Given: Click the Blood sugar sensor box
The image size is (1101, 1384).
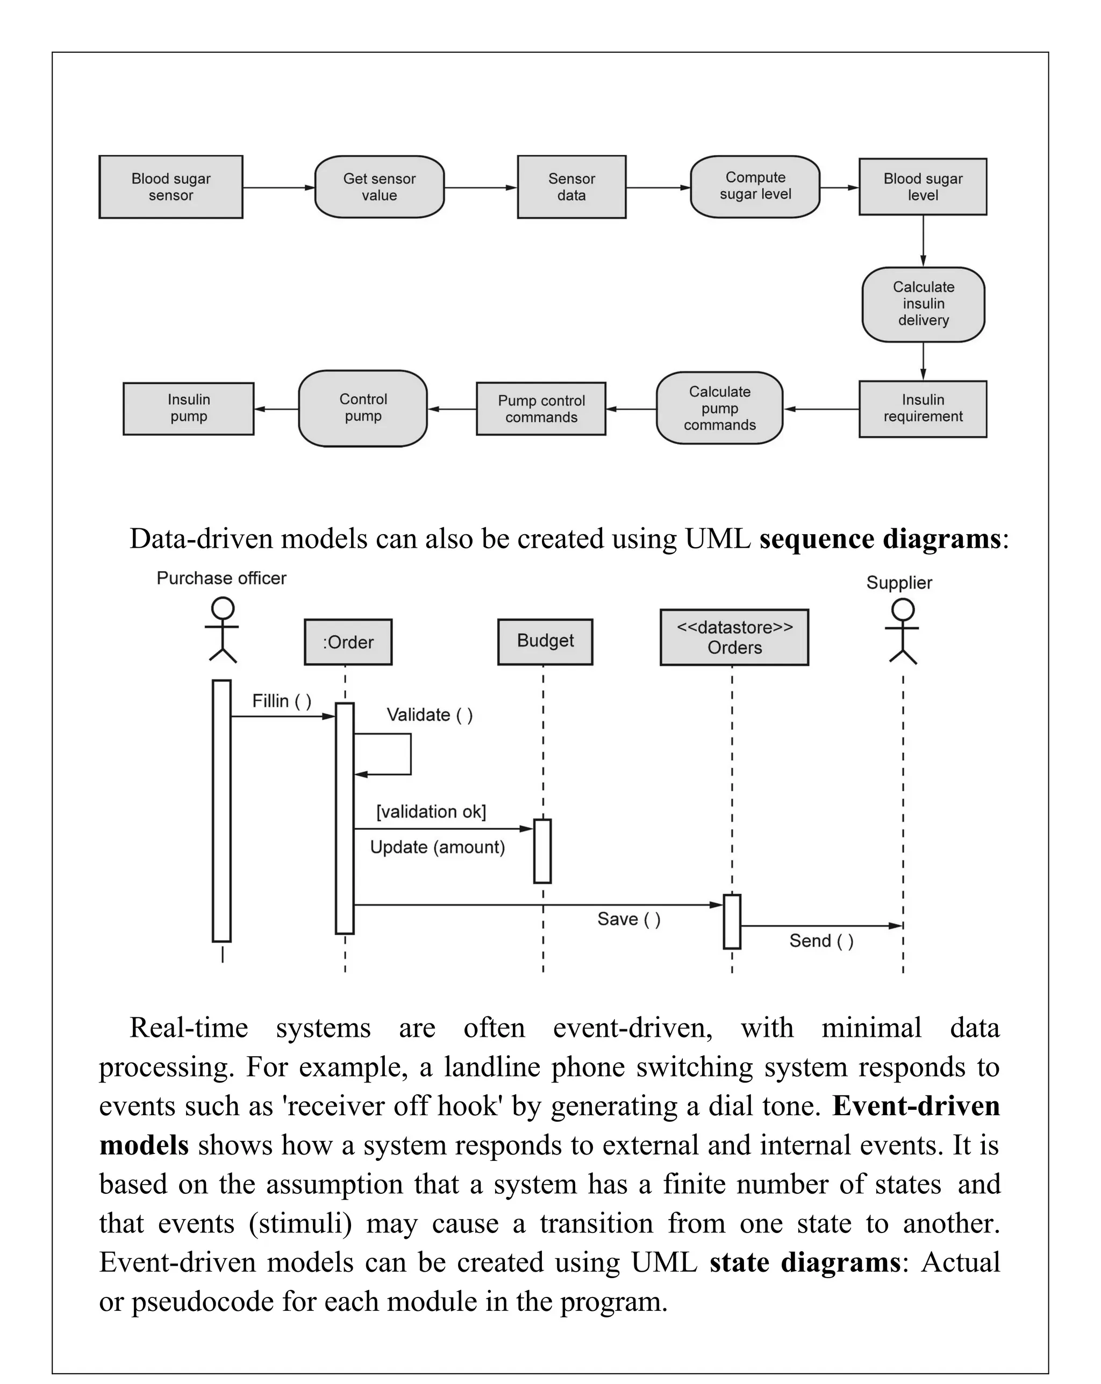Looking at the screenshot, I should pyautogui.click(x=171, y=187).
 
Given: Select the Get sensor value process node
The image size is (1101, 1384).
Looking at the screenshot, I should pyautogui.click(x=379, y=187).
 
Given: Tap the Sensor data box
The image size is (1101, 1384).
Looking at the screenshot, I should pyautogui.click(x=571, y=187).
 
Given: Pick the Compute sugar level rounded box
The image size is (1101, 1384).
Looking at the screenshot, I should pyautogui.click(x=755, y=186).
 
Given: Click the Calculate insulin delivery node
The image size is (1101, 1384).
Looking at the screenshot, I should pyautogui.click(x=923, y=304).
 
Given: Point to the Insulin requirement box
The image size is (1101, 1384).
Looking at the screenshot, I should pyautogui.click(x=923, y=409).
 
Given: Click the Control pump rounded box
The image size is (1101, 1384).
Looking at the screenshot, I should pyautogui.click(x=363, y=408).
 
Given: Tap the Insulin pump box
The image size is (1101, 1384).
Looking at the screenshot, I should pyautogui.click(x=188, y=408).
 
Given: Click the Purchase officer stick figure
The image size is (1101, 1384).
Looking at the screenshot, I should pyautogui.click(x=222, y=630).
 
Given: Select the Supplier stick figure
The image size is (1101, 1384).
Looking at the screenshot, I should pyautogui.click(x=902, y=631).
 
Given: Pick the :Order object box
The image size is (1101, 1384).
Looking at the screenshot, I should pyautogui.click(x=348, y=642).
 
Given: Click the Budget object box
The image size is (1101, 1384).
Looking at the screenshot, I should pyautogui.click(x=545, y=641).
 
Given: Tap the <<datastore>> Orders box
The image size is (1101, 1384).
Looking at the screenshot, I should pyautogui.click(x=734, y=637).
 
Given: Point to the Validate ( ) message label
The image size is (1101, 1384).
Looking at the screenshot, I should pyautogui.click(x=430, y=715).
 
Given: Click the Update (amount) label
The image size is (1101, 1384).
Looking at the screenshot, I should pyautogui.click(x=437, y=848).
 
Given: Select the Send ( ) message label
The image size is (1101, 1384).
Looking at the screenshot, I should pyautogui.click(x=821, y=941).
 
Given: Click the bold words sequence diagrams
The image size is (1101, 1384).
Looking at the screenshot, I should pyautogui.click(x=880, y=539).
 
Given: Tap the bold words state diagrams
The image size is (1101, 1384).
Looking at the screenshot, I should pyautogui.click(x=805, y=1263).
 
